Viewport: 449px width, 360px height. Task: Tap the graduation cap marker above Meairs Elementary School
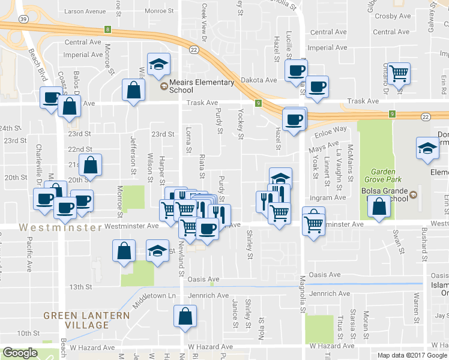158,64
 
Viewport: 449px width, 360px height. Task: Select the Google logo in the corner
20,353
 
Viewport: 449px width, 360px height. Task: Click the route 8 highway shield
107,29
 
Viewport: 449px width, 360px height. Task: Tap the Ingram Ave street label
328,197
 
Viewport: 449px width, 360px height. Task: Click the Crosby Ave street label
392,16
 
